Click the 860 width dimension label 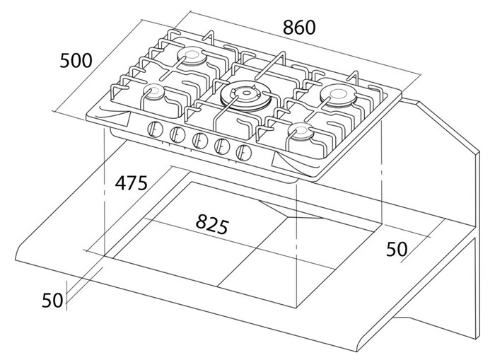tap(299, 28)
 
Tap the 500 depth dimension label tap(76, 60)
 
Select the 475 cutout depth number tap(131, 183)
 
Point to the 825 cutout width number tap(212, 224)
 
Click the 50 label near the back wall tap(397, 249)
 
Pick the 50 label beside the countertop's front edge tap(52, 300)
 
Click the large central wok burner tap(245, 95)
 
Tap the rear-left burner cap tap(192, 56)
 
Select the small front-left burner tap(154, 92)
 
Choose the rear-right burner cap tap(339, 94)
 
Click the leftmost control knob tap(155, 129)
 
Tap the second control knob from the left tap(177, 134)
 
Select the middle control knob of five tap(200, 140)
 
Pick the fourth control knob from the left tap(222, 146)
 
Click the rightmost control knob tap(244, 152)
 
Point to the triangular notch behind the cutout tap(291, 211)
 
